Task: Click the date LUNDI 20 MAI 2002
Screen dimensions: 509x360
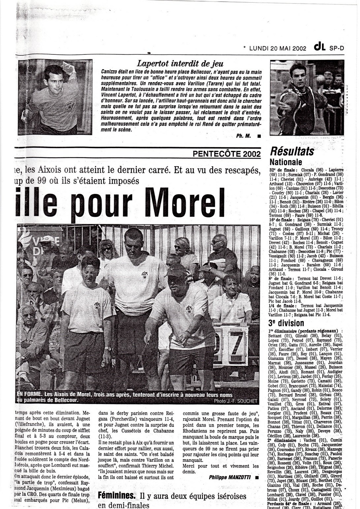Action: [x=278, y=48]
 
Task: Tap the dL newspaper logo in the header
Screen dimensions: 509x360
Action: [x=320, y=48]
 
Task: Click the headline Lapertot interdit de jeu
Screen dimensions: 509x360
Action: [x=180, y=63]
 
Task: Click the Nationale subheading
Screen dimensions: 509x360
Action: [x=286, y=162]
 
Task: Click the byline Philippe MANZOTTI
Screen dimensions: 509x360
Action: [x=229, y=477]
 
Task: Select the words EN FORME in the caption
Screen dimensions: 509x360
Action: [x=28, y=395]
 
